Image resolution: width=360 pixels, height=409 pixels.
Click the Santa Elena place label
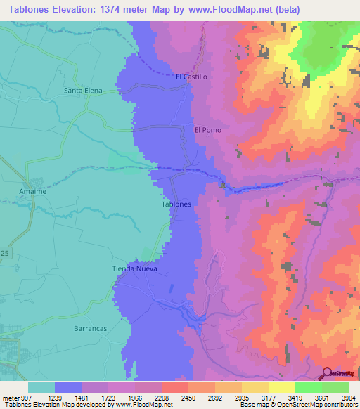pyautogui.click(x=83, y=91)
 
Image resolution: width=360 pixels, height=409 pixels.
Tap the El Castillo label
pyautogui.click(x=191, y=77)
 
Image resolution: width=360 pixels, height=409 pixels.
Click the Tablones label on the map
pyautogui.click(x=176, y=204)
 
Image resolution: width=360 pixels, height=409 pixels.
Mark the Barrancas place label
pyautogui.click(x=90, y=328)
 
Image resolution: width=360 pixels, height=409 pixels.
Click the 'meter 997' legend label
pyautogui.click(x=14, y=398)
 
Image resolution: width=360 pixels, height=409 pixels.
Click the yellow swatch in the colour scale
pyautogui.click(x=281, y=387)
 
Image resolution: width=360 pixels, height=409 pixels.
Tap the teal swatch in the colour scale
pyautogui.click(x=41, y=387)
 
